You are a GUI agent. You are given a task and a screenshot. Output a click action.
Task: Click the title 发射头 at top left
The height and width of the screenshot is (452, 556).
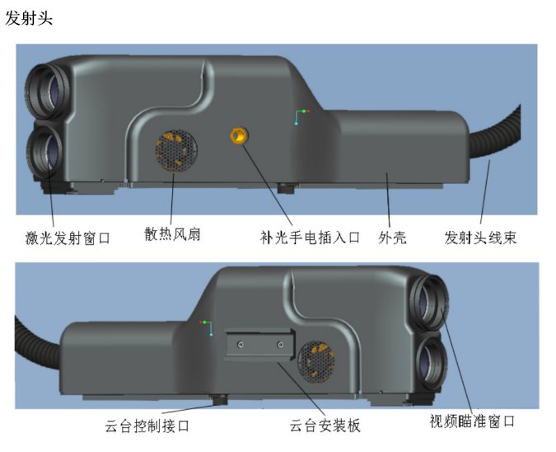point(29,18)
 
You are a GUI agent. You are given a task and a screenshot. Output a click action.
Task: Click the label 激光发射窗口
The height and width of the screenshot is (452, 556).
point(68,238)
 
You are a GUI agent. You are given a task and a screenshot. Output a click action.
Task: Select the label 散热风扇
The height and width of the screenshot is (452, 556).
point(172,234)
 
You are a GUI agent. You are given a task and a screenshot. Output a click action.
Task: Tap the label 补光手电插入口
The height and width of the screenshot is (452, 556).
point(311,238)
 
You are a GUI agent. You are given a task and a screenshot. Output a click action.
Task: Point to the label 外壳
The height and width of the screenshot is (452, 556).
point(392,238)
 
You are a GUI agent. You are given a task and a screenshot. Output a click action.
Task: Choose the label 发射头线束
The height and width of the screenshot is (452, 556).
point(480,238)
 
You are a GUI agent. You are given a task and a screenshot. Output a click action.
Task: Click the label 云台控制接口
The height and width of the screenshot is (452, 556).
point(147,426)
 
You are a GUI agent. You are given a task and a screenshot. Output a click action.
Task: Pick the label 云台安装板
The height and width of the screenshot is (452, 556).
point(325,425)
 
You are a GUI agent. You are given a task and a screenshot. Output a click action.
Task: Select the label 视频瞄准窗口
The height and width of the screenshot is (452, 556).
point(472,421)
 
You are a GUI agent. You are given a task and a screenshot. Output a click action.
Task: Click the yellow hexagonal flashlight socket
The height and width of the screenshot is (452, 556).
point(239,135)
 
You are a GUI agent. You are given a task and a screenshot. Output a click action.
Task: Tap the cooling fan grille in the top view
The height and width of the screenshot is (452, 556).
point(176,151)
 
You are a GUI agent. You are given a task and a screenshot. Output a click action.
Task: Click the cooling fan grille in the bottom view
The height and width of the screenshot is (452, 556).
point(316,363)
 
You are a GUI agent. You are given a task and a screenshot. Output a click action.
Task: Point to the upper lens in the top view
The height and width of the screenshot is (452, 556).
point(48,92)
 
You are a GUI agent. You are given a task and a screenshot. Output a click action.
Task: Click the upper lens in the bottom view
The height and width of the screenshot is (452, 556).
point(429,303)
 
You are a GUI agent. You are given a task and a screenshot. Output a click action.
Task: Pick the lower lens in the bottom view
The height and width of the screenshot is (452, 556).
point(431,363)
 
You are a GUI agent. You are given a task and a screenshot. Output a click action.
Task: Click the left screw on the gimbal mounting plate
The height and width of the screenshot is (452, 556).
point(241,345)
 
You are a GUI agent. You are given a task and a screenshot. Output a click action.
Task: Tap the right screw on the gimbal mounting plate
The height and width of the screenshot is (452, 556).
point(280,345)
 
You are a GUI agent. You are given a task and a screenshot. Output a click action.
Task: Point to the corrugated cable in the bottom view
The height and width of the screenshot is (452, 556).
point(35,342)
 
